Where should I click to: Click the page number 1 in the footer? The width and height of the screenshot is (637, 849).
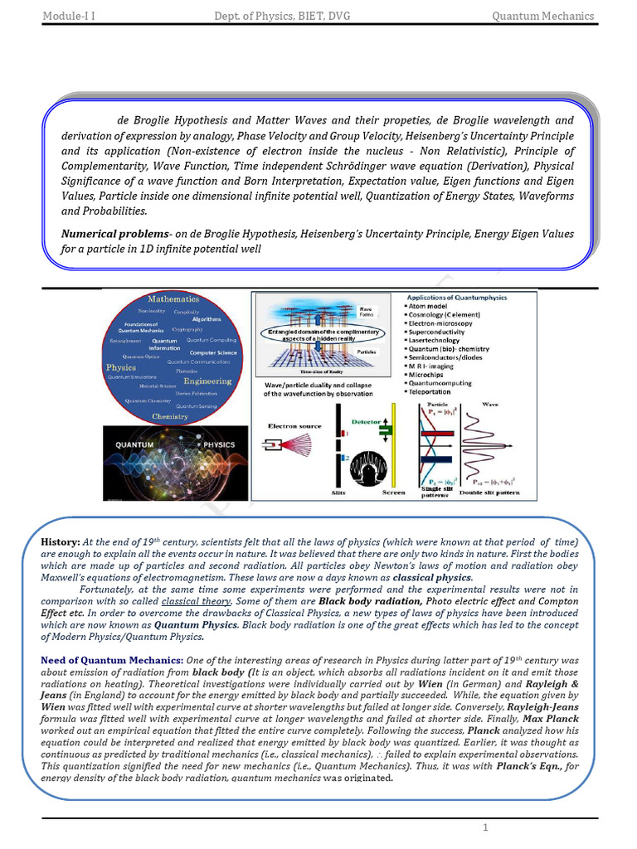[x=487, y=829]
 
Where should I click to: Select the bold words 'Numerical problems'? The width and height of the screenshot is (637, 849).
[x=114, y=235]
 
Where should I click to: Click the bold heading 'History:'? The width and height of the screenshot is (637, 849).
[x=61, y=541]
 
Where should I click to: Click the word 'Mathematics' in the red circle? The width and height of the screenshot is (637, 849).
[x=173, y=298]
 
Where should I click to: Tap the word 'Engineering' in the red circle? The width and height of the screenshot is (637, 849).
[x=207, y=381]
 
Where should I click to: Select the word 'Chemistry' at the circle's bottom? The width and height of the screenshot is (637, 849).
[x=170, y=416]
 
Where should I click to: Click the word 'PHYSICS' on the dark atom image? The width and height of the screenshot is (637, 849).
[x=219, y=445]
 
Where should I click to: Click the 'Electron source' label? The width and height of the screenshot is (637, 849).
[x=294, y=426]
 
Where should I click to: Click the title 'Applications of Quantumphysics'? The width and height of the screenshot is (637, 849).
[x=458, y=297]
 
